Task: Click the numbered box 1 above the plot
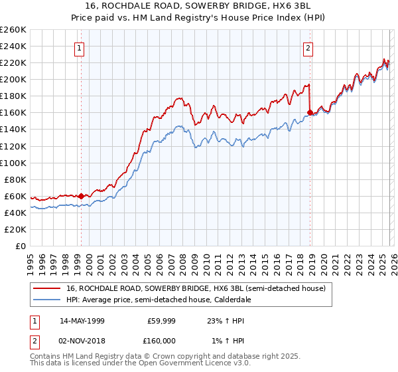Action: tap(80, 48)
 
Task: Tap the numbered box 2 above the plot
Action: tap(308, 48)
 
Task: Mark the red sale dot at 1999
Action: tap(81, 196)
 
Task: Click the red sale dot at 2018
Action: tap(310, 112)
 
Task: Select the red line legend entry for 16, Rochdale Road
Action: tap(196, 289)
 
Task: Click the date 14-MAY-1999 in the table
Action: tap(83, 321)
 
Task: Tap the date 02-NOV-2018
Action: tap(83, 341)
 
